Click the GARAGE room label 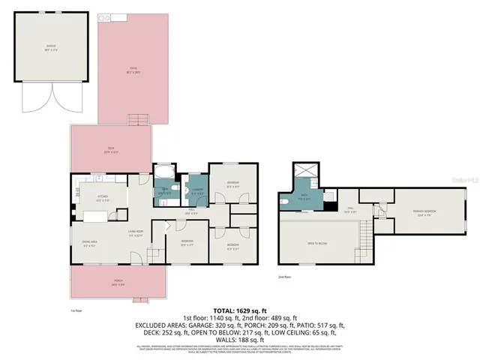[52, 47]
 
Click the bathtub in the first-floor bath [163, 170]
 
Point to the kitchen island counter [96, 217]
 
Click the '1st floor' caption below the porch [76, 308]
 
